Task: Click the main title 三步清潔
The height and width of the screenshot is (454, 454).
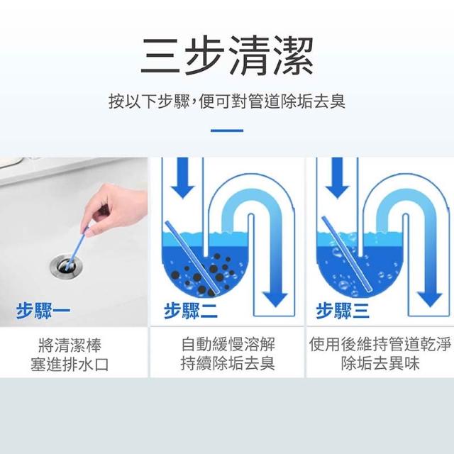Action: pos(227,55)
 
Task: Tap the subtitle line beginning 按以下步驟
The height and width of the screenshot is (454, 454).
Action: pos(227,101)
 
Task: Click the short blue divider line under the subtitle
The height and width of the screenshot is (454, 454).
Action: pos(227,131)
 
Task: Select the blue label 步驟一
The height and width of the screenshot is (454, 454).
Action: pos(43,311)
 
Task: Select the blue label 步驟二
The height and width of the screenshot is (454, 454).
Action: pos(191,311)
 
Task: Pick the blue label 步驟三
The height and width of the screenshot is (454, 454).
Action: pos(343,311)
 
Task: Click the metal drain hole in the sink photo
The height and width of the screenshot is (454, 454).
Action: pos(66,266)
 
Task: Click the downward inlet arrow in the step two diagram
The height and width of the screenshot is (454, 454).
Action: pos(182,178)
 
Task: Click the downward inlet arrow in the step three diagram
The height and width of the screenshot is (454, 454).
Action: pos(338,178)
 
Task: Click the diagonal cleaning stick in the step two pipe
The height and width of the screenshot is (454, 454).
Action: pos(191,258)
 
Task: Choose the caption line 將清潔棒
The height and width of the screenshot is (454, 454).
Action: pos(70,345)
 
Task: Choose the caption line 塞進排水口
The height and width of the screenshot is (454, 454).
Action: pos(70,364)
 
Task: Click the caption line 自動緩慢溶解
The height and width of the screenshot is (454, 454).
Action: pos(228,344)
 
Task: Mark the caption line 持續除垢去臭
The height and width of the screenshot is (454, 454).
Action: pos(228,363)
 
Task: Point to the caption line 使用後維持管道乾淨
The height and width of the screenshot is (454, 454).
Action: pos(380,344)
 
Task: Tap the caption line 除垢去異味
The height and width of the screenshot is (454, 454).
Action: pos(380,363)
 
